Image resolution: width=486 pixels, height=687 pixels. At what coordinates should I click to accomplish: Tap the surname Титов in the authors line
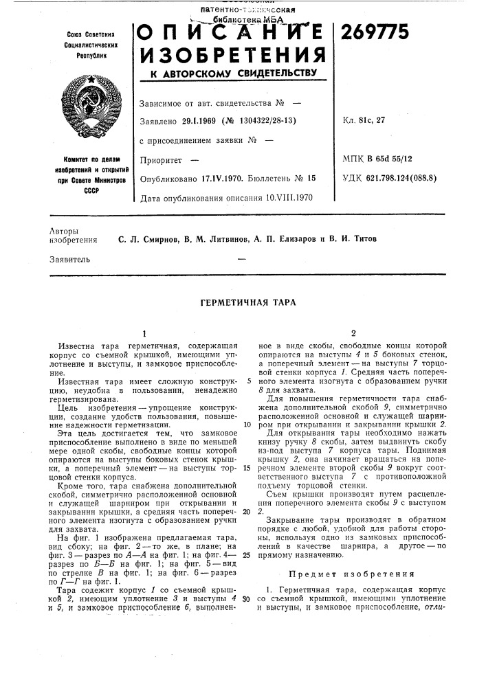pyautogui.click(x=360, y=239)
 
